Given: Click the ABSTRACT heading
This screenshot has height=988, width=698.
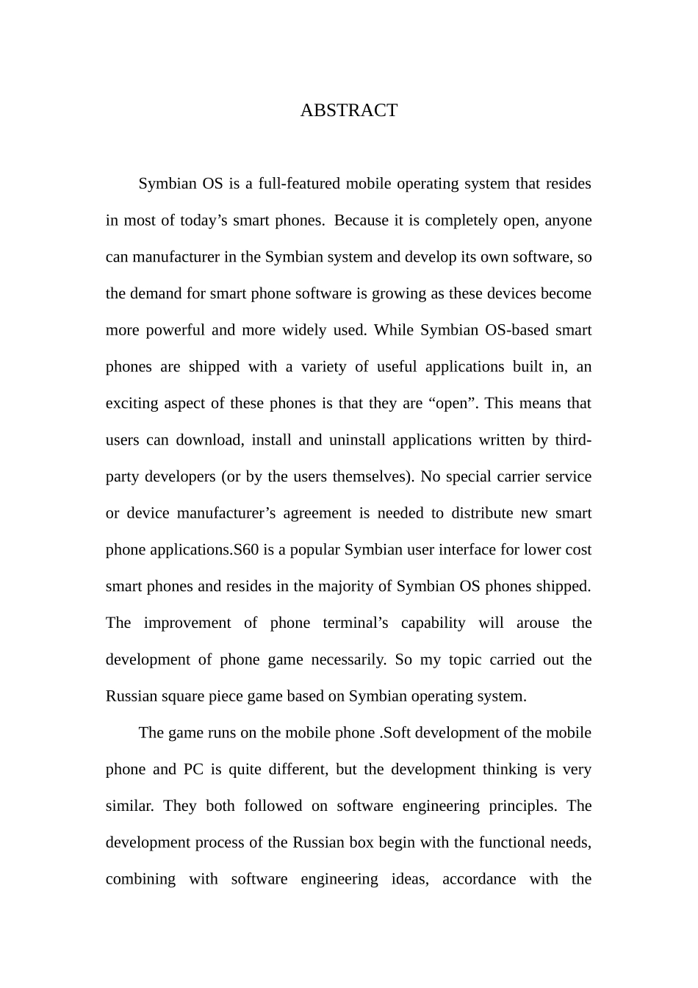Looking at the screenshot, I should (x=348, y=110).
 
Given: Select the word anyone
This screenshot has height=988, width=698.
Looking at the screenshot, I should (x=567, y=221).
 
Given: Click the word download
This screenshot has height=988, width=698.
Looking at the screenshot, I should (x=208, y=440).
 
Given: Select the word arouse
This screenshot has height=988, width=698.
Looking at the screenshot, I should (x=538, y=623).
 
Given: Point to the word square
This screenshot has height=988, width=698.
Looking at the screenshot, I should (x=181, y=696).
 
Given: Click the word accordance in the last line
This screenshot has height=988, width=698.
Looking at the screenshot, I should (x=478, y=879).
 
